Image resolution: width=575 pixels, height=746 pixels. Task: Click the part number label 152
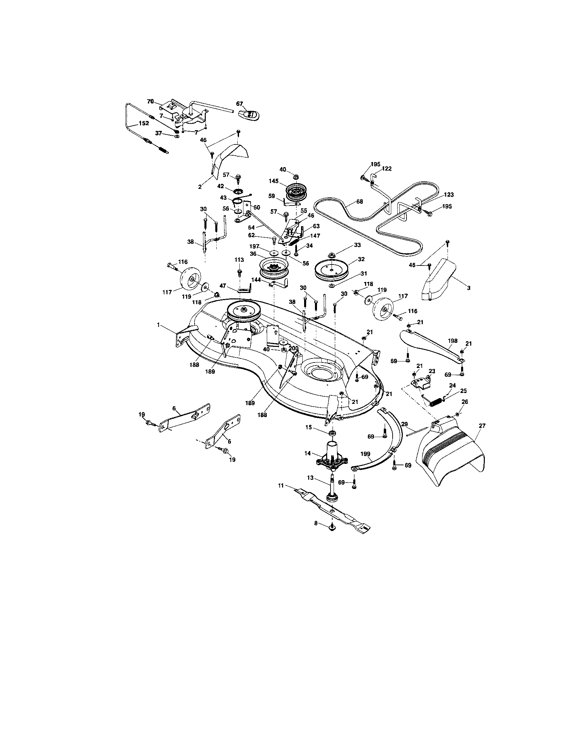pyautogui.click(x=144, y=123)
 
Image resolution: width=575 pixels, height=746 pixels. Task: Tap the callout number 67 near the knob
pyautogui.click(x=239, y=103)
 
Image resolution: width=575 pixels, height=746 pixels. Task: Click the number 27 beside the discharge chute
pyautogui.click(x=482, y=425)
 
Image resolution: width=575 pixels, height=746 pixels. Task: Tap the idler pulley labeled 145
pyautogui.click(x=296, y=193)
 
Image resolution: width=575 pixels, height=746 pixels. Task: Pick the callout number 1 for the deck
pyautogui.click(x=158, y=325)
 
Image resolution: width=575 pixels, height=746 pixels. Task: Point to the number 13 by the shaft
pyautogui.click(x=310, y=478)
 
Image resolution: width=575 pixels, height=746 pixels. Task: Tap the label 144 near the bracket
pyautogui.click(x=256, y=279)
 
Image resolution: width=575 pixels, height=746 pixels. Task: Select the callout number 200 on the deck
pyautogui.click(x=294, y=348)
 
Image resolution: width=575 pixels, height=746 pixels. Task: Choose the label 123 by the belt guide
pyautogui.click(x=449, y=195)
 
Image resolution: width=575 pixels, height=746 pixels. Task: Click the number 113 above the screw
pyautogui.click(x=239, y=260)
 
